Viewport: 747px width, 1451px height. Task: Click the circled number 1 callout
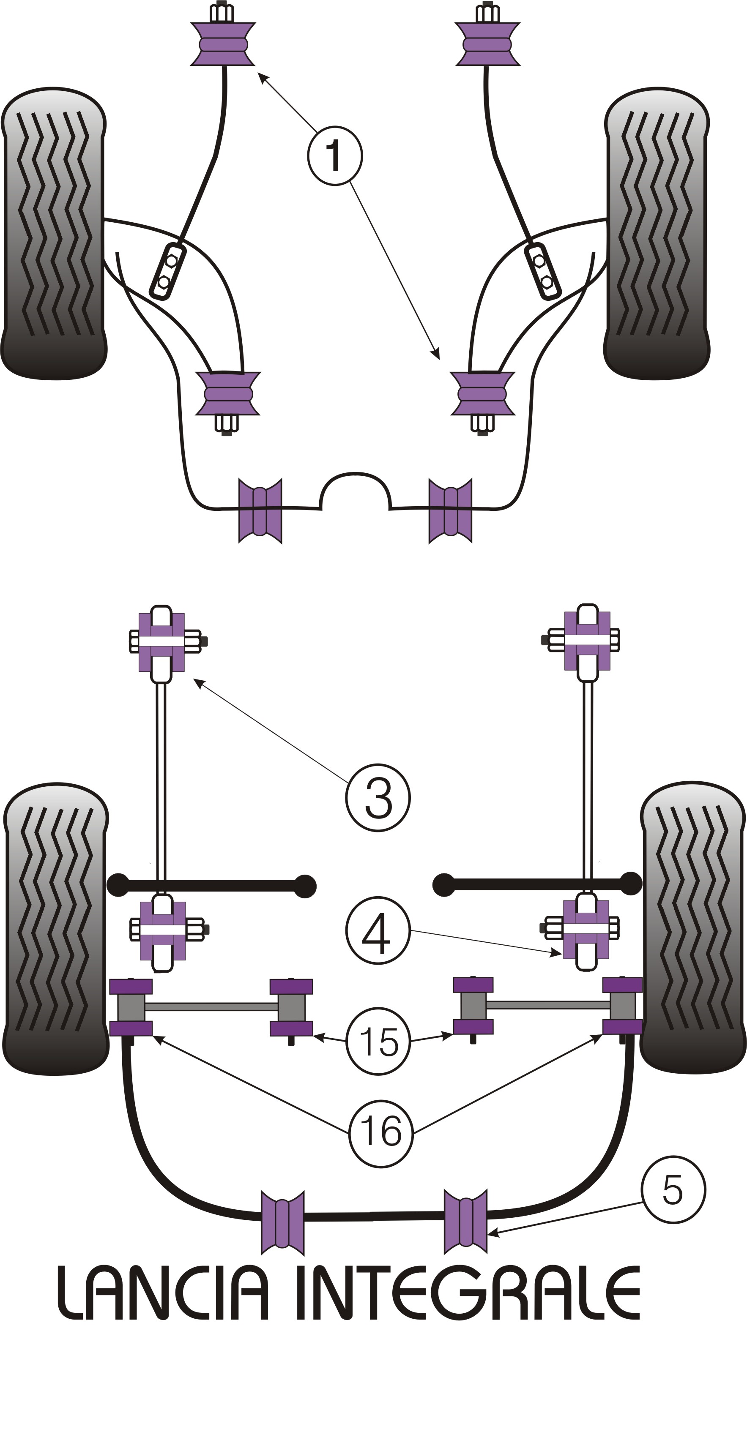(x=335, y=156)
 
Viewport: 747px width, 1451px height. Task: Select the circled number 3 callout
(x=378, y=797)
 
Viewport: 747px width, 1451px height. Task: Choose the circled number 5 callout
(x=673, y=1189)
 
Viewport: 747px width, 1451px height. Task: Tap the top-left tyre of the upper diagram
(x=54, y=234)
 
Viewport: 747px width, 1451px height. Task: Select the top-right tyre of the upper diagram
(x=657, y=234)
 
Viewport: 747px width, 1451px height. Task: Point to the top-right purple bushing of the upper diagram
(x=487, y=44)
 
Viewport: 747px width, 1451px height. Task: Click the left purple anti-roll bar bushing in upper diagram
(x=260, y=511)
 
